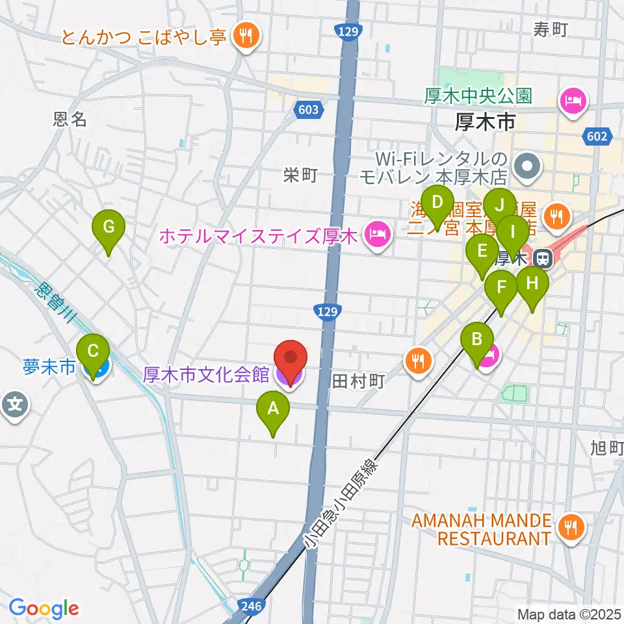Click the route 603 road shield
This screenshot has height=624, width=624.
[309, 110]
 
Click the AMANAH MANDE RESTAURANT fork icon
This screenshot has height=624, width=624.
[571, 527]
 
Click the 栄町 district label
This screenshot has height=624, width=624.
[300, 174]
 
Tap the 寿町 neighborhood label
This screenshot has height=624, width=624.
[551, 29]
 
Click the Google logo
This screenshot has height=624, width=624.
[44, 608]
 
